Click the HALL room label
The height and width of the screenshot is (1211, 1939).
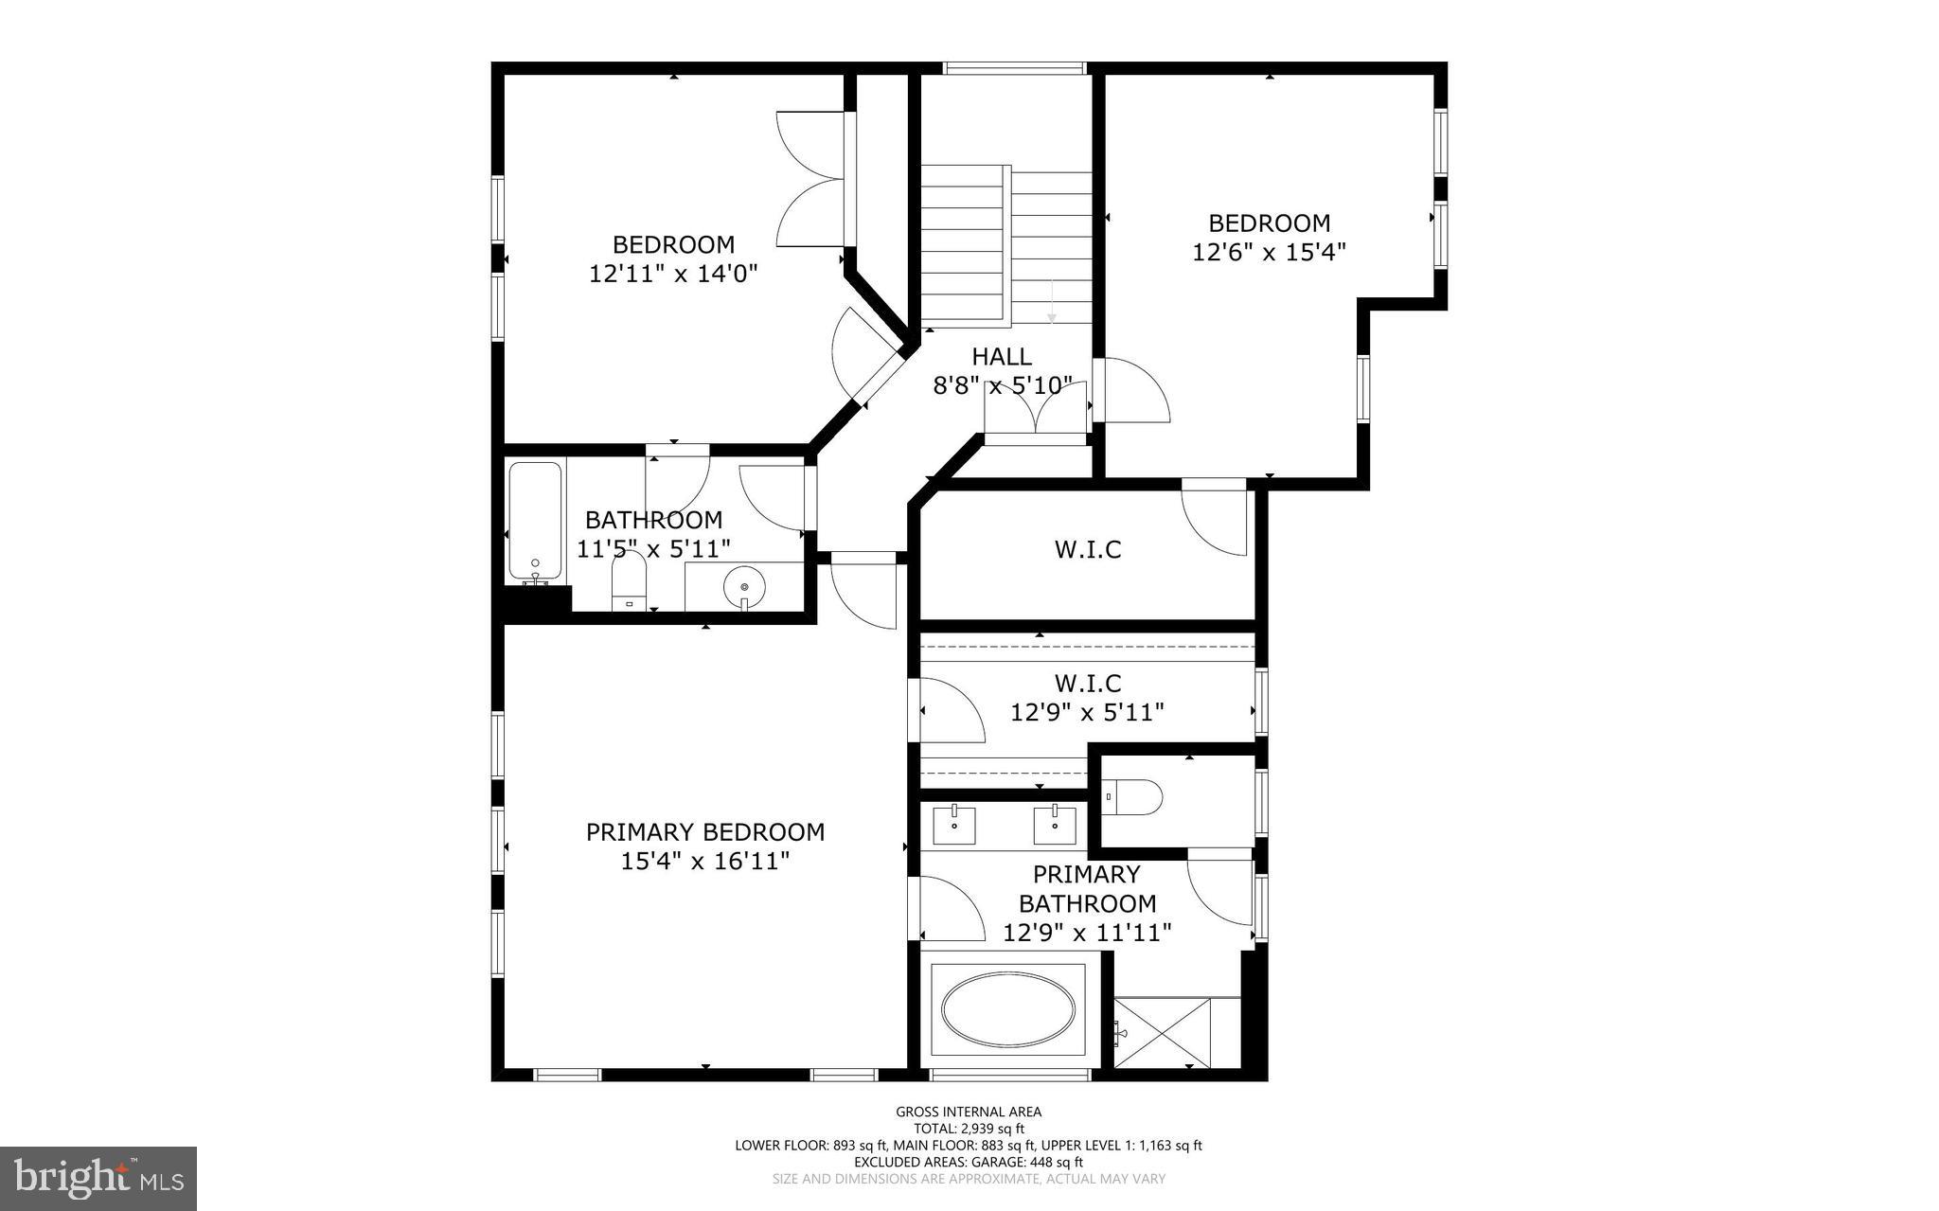(1002, 357)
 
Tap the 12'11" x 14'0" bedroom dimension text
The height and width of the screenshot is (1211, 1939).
(673, 275)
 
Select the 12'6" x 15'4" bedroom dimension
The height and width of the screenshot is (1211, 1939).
(1269, 253)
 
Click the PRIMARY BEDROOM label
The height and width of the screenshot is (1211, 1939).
(705, 832)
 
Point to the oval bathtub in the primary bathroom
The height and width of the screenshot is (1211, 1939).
(1008, 1010)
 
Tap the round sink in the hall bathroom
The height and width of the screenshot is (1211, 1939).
(744, 587)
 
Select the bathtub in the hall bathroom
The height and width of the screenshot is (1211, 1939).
(535, 521)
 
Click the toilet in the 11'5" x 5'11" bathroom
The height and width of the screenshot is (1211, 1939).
(629, 579)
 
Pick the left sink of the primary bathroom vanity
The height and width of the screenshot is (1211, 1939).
(954, 824)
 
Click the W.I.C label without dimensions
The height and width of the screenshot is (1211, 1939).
(1088, 550)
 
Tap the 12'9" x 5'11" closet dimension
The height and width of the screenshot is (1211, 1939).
(1087, 712)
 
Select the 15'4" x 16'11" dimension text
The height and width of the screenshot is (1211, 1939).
(705, 862)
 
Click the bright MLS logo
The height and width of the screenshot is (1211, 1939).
(98, 1178)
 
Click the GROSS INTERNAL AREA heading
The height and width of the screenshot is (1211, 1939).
(969, 1113)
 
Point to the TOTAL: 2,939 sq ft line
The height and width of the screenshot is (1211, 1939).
(969, 1129)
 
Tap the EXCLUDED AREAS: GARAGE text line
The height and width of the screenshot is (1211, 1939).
(969, 1162)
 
